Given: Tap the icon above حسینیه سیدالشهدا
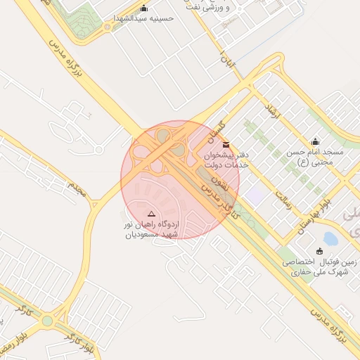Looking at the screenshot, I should point(144,8).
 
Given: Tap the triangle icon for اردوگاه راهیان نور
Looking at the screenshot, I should point(150,213).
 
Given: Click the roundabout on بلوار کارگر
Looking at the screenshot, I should point(47,321).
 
